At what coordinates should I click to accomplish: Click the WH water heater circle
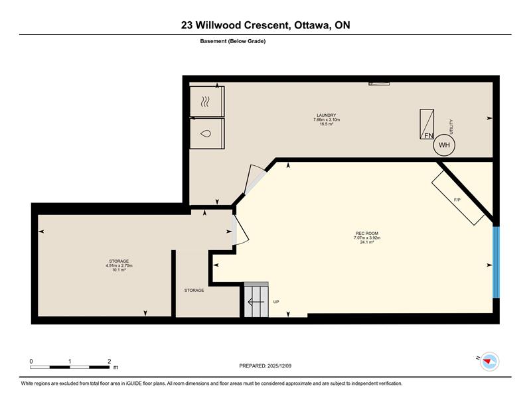coord(444,145)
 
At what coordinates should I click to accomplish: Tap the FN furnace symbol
coord(427,124)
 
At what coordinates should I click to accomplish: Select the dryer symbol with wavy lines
coord(206,102)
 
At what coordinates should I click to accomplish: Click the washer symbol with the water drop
coord(206,133)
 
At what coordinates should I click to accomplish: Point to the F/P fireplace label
coord(457,200)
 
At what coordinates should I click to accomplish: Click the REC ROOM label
coord(367,234)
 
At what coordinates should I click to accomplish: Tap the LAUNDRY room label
coord(327,115)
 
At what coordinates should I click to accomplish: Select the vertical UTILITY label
coord(451,127)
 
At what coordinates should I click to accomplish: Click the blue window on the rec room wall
coord(496,262)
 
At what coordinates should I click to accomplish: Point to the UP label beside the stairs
coord(276,302)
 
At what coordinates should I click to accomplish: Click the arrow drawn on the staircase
coord(256,301)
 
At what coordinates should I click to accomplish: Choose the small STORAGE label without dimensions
coord(194,290)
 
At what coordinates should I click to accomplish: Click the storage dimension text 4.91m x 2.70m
coord(119,265)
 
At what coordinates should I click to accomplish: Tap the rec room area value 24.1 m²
coord(367,242)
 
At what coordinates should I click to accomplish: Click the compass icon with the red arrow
coord(489,362)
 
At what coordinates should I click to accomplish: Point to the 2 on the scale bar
coord(109,362)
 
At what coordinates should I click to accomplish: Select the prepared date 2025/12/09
coord(279,366)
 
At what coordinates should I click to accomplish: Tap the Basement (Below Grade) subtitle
coord(233,41)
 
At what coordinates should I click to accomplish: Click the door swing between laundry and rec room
coord(255,178)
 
